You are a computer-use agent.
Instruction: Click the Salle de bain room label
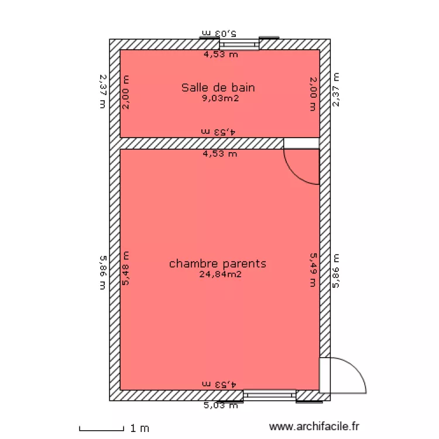(x=218, y=88)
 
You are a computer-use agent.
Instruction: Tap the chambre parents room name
(x=218, y=263)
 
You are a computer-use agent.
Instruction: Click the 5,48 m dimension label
(x=125, y=269)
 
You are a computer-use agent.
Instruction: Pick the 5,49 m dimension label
(x=313, y=270)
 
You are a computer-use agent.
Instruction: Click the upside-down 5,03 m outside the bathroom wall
(x=220, y=33)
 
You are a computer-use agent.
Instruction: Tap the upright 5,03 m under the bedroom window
(x=221, y=404)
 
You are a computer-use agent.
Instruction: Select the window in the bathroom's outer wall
(x=239, y=44)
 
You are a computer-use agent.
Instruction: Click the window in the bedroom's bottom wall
(x=269, y=396)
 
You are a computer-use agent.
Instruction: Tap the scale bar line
(x=101, y=429)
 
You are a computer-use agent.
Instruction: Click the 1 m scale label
(x=140, y=429)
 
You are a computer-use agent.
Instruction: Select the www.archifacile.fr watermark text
(x=314, y=428)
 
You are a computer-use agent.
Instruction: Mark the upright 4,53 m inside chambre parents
(x=220, y=155)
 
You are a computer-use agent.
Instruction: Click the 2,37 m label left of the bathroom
(x=103, y=91)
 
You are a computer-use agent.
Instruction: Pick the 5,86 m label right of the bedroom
(x=336, y=271)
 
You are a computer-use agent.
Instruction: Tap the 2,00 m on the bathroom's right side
(x=313, y=94)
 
